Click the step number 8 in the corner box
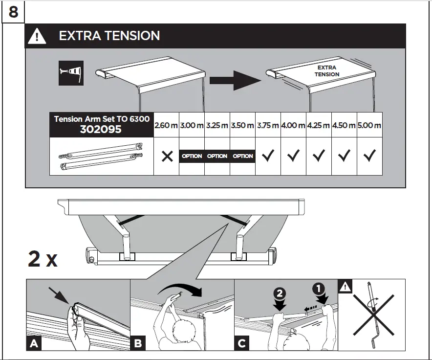click(x=13, y=11)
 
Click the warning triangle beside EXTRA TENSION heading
click(x=38, y=36)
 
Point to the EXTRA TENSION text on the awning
click(x=327, y=71)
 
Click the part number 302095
click(x=101, y=130)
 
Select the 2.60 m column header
click(x=166, y=125)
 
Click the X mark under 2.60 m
click(x=167, y=156)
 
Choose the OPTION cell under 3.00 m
click(x=192, y=156)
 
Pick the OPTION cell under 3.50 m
click(x=242, y=156)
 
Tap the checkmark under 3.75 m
click(x=268, y=156)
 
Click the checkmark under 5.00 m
click(x=369, y=156)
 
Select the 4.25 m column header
click(x=319, y=125)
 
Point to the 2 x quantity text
click(x=43, y=259)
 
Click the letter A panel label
click(x=34, y=343)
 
